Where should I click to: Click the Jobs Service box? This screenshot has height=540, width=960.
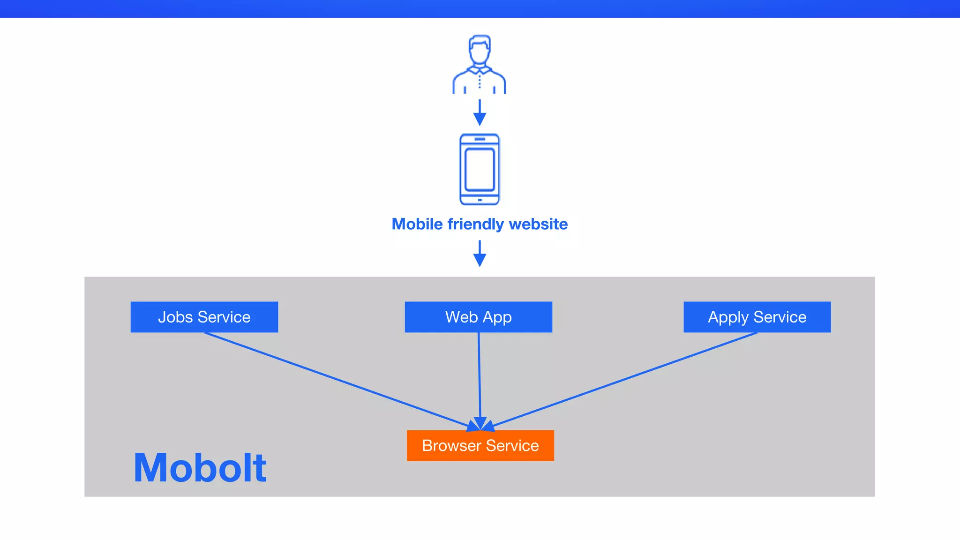point(204,317)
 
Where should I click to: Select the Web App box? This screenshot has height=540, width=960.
point(478,317)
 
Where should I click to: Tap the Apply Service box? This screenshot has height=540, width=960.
point(757,317)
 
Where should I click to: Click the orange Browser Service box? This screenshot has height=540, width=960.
point(480,445)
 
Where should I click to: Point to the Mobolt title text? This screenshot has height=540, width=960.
point(200,468)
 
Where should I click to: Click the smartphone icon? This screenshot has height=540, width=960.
point(480,169)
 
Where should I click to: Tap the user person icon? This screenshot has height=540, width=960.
point(479,66)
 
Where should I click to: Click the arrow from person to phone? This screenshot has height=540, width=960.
point(480,112)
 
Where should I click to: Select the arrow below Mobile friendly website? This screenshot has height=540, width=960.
point(480,254)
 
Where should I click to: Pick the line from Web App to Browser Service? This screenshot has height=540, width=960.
point(479,375)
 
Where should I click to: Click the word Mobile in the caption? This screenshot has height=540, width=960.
point(417,224)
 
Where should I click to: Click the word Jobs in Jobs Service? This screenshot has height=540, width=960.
point(175,317)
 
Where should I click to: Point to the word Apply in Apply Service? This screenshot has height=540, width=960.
point(728,317)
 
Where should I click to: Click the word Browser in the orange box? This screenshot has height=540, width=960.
point(451,445)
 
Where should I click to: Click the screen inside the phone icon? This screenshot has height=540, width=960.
point(480,169)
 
